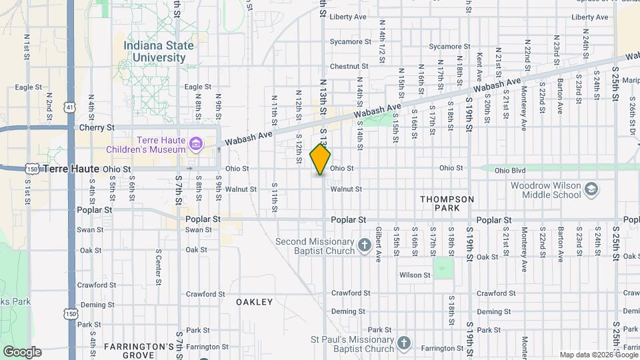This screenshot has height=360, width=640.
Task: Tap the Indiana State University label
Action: point(158,51)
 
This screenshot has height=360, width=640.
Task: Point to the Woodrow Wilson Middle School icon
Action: point(590,190)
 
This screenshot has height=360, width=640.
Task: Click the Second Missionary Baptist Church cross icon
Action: point(364,245)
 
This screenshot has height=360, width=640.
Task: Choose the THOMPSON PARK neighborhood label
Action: point(447,204)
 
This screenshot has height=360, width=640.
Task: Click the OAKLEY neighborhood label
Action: point(255,302)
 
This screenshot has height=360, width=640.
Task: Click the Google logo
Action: point(22,351)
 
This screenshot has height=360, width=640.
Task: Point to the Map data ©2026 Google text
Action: point(598,355)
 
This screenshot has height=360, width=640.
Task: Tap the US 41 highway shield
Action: point(71,107)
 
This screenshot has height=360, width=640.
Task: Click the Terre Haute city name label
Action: point(71,169)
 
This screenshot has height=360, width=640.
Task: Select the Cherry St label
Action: point(97,127)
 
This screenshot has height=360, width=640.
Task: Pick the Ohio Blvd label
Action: point(511,170)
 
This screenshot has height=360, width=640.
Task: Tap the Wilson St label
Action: point(414,275)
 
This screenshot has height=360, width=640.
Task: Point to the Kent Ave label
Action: point(479,63)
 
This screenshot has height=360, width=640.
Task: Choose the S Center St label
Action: point(158,265)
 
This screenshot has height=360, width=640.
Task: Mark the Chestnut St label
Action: point(349,67)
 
